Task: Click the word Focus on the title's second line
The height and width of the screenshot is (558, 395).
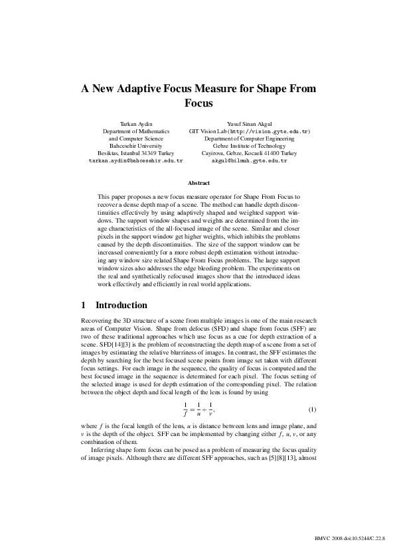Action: coord(197,103)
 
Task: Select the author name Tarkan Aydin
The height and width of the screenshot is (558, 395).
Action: coord(135,124)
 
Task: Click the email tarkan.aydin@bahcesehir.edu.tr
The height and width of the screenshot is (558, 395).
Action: coord(135,160)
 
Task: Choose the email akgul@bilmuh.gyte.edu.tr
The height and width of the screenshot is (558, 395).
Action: coord(249,160)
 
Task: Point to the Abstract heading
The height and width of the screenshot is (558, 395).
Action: coord(197,183)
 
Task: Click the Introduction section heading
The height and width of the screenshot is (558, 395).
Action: coord(121,306)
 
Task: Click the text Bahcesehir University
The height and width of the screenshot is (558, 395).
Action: coord(135,146)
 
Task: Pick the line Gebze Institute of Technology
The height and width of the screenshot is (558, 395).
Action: coord(249,146)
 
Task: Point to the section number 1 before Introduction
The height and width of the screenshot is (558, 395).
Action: coord(83,306)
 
